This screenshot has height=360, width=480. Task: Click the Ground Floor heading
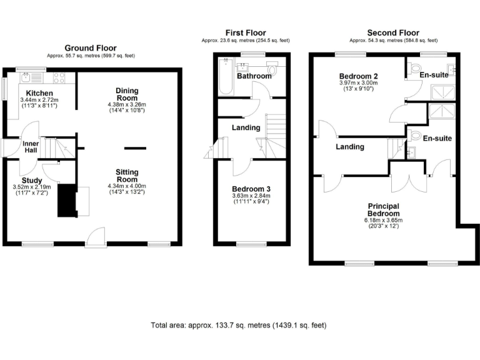[x=91, y=48]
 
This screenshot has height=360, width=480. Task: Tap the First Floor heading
[x=246, y=33]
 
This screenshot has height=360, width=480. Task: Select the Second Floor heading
[x=393, y=33]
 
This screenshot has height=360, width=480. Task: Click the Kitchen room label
[x=39, y=93]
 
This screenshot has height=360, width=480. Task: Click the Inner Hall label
[x=31, y=146]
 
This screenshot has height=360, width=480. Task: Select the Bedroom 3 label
[x=251, y=189]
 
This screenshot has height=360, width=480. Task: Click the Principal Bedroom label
[x=383, y=209]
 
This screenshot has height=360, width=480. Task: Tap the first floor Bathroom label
[x=254, y=76]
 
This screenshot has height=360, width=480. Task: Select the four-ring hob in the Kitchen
[x=60, y=77]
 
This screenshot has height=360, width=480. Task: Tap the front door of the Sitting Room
[x=96, y=237]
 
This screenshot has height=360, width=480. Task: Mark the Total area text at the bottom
[x=238, y=325]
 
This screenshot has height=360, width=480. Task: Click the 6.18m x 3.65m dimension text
[x=383, y=220]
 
